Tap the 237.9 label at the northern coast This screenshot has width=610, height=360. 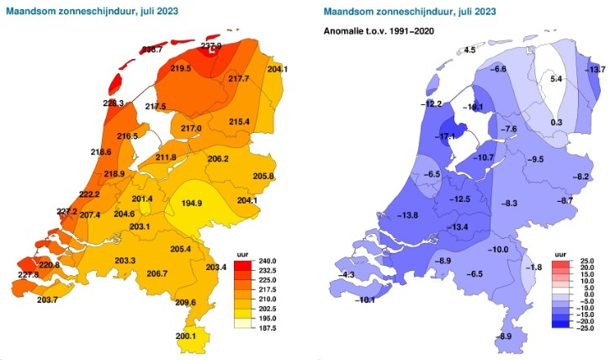211,47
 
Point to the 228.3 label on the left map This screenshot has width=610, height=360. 114,103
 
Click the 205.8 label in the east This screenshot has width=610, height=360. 263,176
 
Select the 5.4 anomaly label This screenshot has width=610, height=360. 555,78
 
